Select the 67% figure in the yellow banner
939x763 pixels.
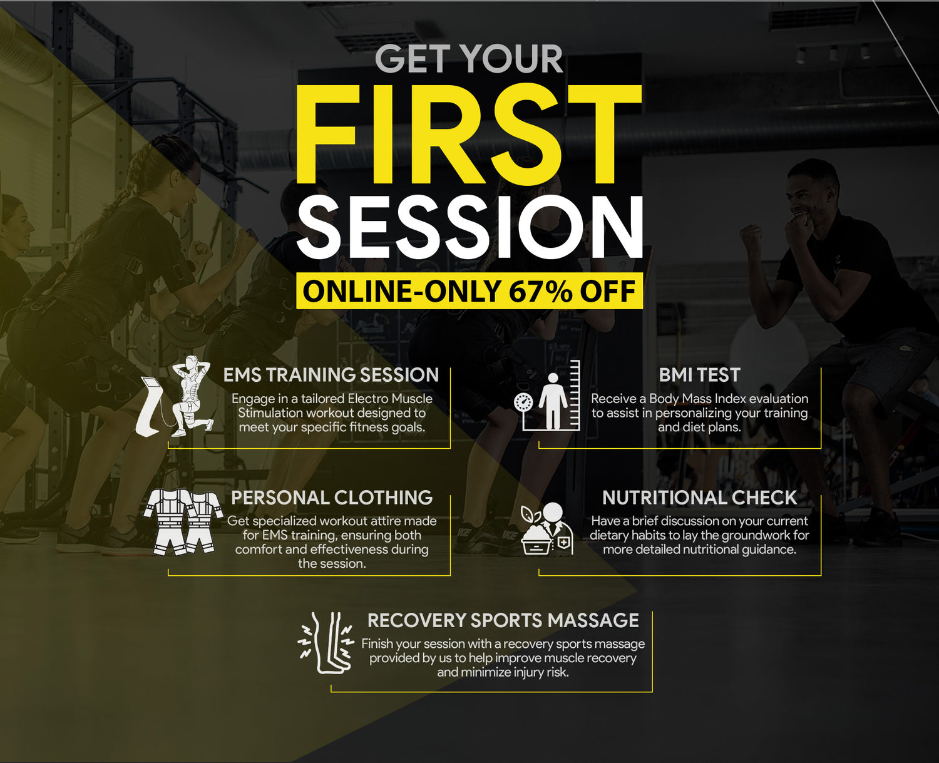[x=540, y=291]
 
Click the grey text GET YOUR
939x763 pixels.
[x=469, y=59]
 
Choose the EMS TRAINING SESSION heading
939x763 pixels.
[x=331, y=375]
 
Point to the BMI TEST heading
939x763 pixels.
[x=700, y=375]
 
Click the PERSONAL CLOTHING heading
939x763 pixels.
[x=332, y=498]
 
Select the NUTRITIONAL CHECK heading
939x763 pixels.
[x=700, y=498]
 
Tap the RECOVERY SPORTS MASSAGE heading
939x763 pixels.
[x=503, y=620]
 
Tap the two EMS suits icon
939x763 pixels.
[x=183, y=522]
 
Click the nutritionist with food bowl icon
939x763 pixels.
[x=547, y=528]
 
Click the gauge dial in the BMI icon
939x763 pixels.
[x=523, y=402]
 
